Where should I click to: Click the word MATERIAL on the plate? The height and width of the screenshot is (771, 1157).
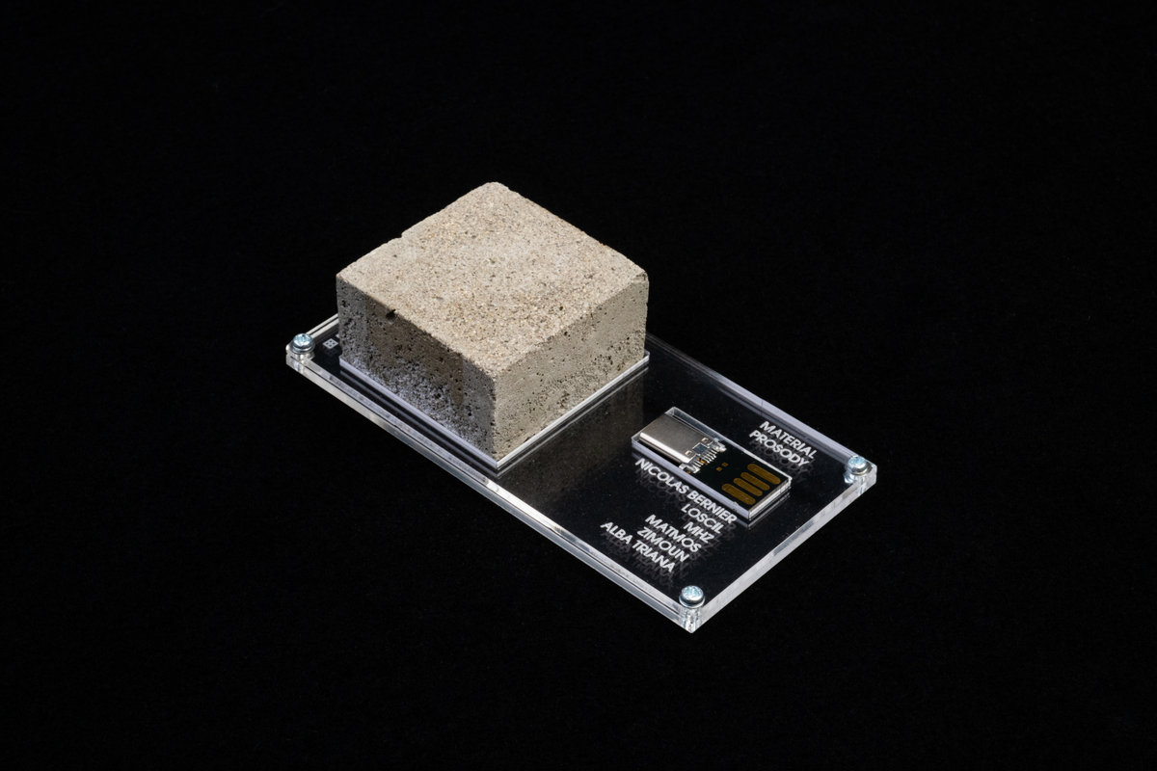[x=787, y=439]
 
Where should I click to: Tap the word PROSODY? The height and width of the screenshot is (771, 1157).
[x=777, y=450]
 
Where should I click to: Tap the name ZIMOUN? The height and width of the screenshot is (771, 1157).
[x=662, y=545]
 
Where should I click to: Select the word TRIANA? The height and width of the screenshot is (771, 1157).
[x=653, y=556]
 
